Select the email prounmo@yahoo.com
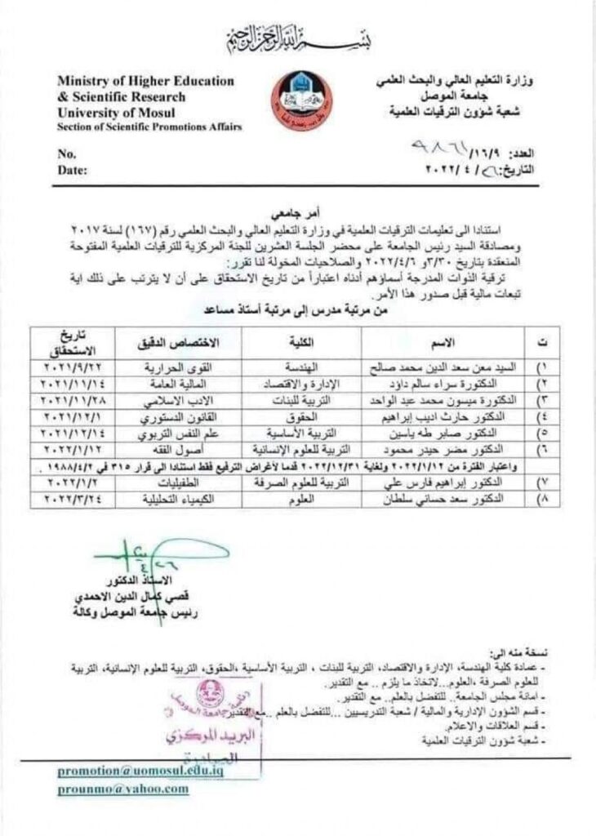click(x=122, y=789)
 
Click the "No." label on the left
click(x=67, y=153)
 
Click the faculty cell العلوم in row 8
click(x=311, y=496)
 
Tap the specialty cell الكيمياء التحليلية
click(x=174, y=496)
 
